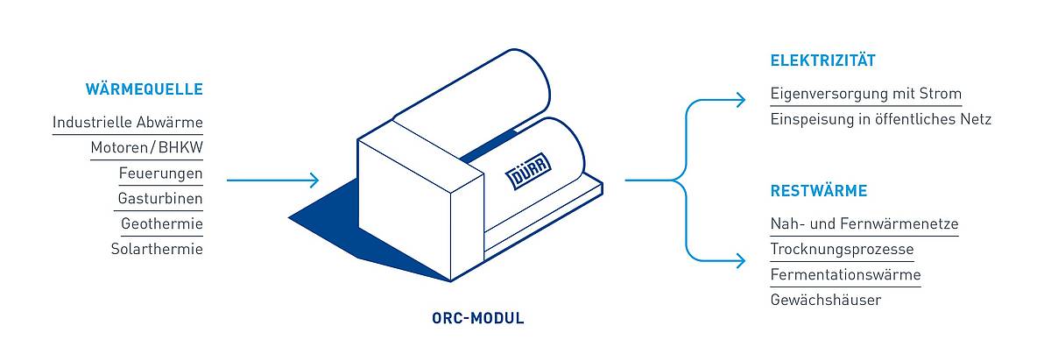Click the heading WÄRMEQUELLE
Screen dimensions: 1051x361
(x=144, y=88)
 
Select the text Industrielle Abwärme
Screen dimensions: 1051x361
(x=128, y=122)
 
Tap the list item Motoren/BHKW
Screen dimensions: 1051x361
(x=147, y=147)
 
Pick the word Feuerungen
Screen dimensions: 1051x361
(x=160, y=173)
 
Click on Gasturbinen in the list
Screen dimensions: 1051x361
(x=160, y=198)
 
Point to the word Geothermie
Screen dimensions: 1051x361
(x=162, y=223)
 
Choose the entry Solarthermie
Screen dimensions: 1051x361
(x=157, y=249)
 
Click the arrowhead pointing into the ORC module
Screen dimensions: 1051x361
(x=314, y=180)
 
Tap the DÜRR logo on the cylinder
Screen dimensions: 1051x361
(x=528, y=170)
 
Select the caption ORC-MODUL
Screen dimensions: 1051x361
(x=478, y=318)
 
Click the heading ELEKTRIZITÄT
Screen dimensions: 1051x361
(x=823, y=60)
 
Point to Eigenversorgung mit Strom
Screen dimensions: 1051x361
(x=866, y=94)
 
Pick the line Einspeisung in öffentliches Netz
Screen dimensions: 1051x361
(x=881, y=119)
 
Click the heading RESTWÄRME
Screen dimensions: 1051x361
(x=819, y=191)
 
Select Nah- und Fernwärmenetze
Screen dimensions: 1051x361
(x=864, y=223)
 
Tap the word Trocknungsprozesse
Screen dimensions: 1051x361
(x=843, y=249)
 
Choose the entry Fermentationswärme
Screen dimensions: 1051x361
(x=845, y=274)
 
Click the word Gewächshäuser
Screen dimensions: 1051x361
(x=826, y=300)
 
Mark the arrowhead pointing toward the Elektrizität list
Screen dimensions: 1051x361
(x=740, y=100)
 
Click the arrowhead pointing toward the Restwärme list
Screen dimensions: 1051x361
(x=740, y=260)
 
